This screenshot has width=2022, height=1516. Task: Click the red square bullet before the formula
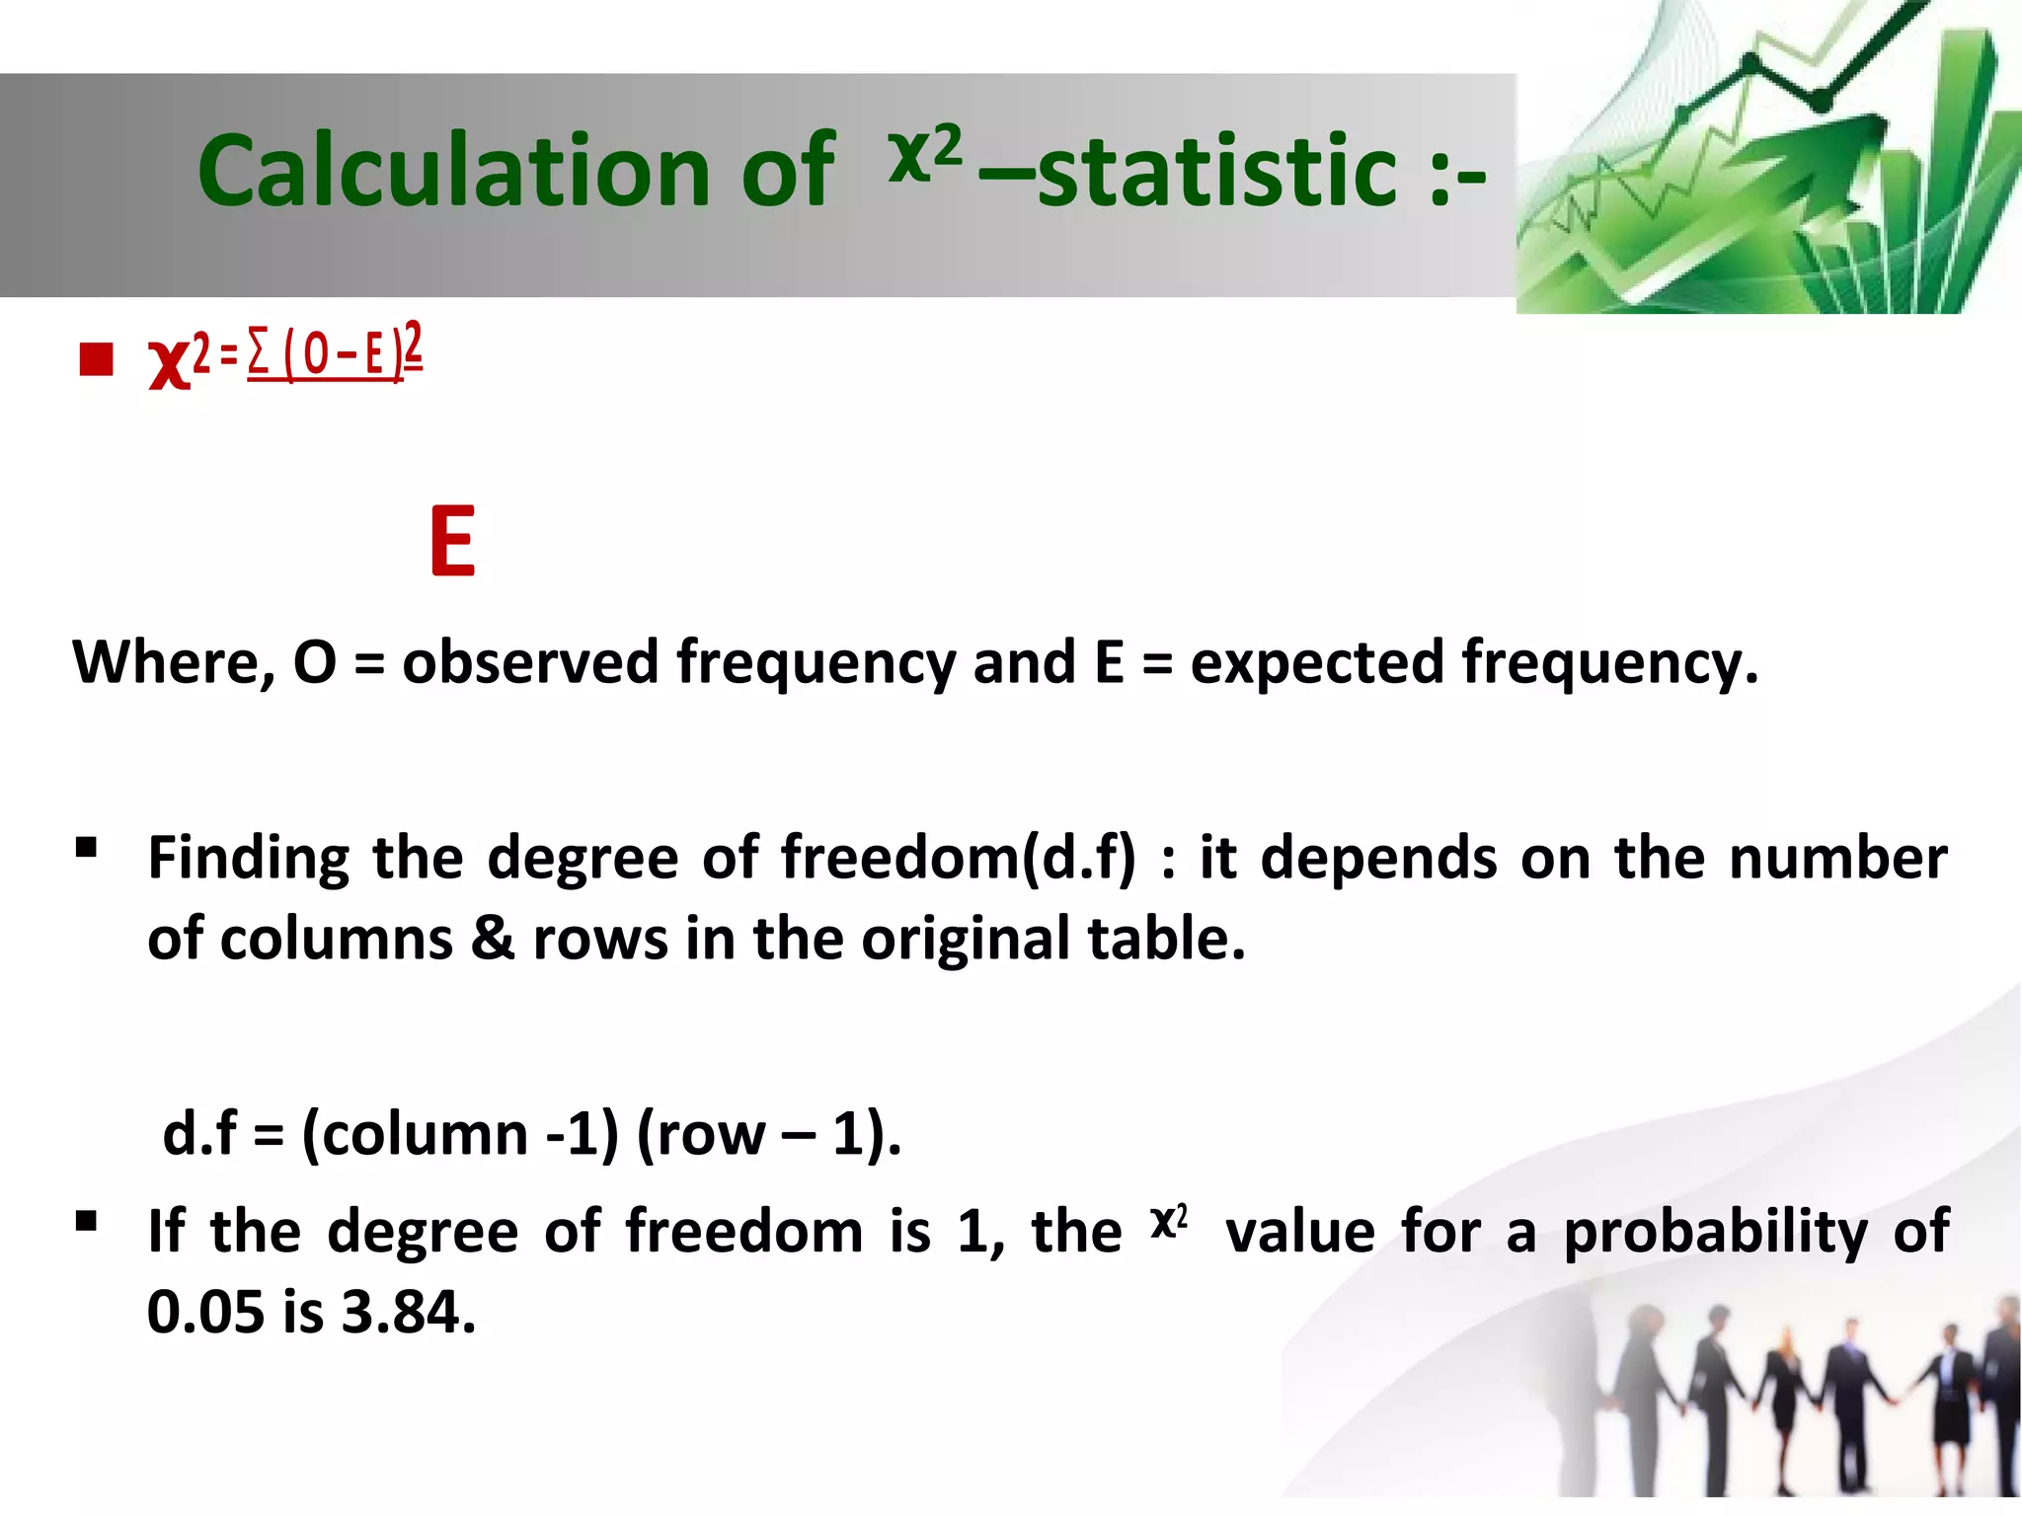point(97,359)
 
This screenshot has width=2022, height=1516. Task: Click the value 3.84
point(408,1313)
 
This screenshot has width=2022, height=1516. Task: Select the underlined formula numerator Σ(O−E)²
point(335,351)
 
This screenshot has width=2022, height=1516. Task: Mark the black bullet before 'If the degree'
point(86,1222)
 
